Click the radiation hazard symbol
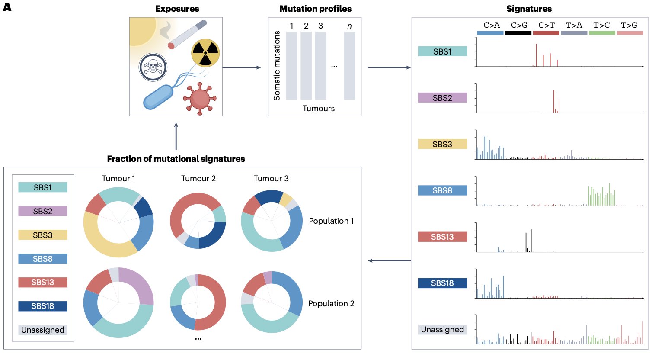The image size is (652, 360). pos(205,53)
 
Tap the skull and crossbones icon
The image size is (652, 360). pos(153,67)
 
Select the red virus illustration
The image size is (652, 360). pos(200,99)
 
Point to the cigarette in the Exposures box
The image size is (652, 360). pos(187,34)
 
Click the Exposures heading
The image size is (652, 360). pos(177,9)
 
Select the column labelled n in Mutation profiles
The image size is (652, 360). pos(349,65)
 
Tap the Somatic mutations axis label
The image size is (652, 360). pos(277,65)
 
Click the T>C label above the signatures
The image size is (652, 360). pos(601,25)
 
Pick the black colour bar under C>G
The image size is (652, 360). pos(518,33)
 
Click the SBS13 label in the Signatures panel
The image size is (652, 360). pos(442,237)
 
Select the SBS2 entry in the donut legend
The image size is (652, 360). pos(43,211)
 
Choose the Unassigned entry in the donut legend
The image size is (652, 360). pos(43,330)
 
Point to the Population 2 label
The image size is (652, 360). pos(331,303)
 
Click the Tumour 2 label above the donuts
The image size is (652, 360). pos(198,179)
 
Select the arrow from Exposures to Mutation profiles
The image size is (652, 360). pos(242,67)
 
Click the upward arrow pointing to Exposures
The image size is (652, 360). pos(176,136)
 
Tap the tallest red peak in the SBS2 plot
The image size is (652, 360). pos(553,101)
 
